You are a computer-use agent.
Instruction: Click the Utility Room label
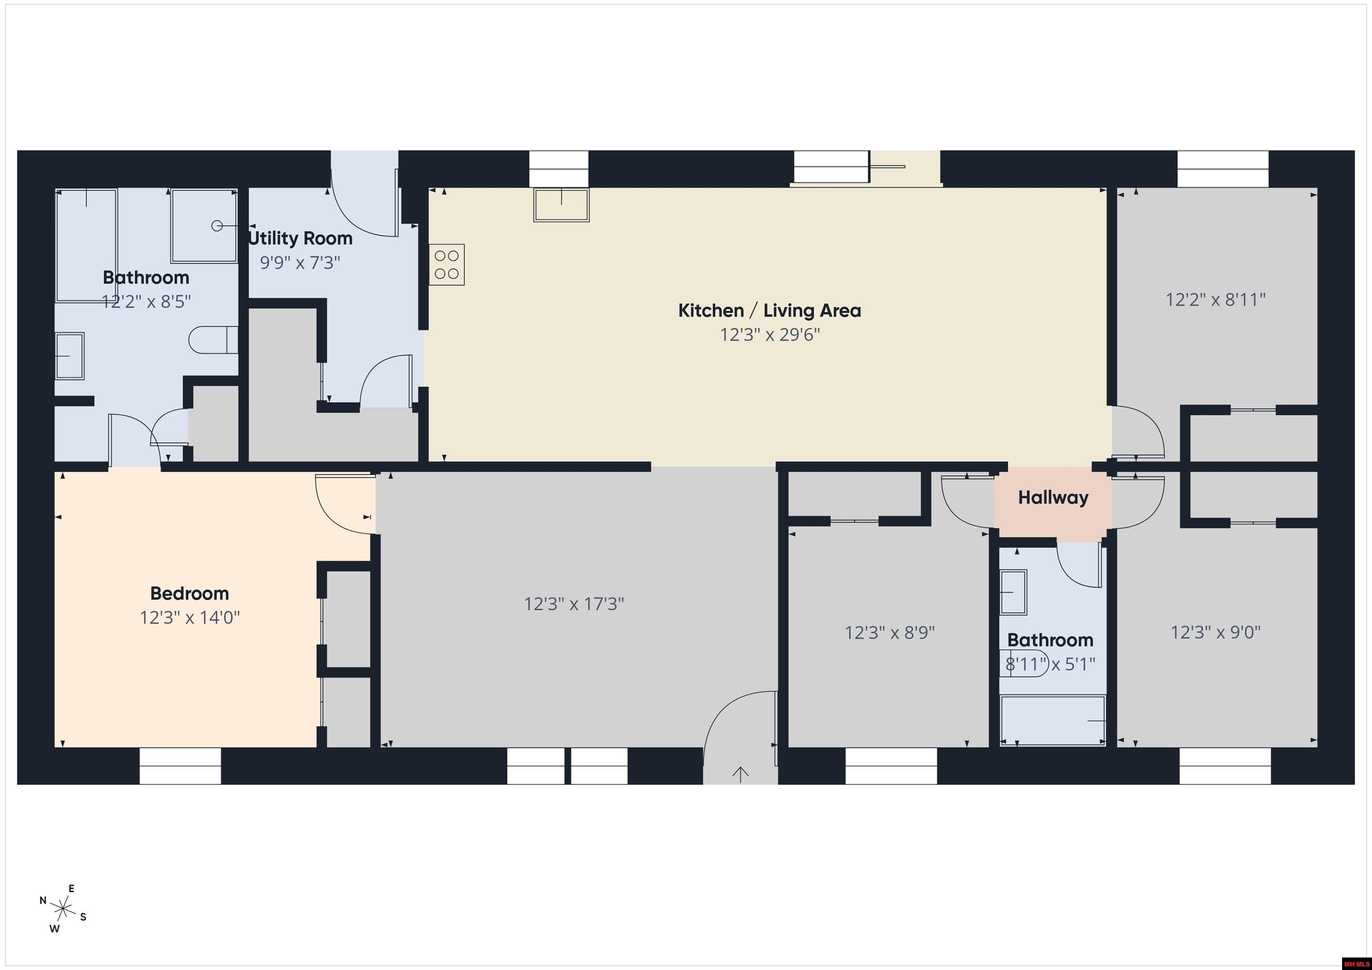(x=300, y=238)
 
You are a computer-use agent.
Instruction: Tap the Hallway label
(x=1053, y=498)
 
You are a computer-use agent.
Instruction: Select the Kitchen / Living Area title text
(x=769, y=311)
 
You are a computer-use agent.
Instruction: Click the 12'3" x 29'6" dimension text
(x=770, y=334)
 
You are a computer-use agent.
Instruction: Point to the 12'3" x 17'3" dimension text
(x=573, y=604)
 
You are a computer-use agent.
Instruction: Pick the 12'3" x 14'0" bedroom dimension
(x=189, y=617)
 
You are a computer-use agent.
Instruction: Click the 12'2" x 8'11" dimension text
(x=1215, y=299)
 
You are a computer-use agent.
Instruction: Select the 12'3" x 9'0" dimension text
(x=1215, y=632)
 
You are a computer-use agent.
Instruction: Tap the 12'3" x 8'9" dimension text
(x=889, y=632)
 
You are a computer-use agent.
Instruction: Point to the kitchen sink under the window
(x=561, y=205)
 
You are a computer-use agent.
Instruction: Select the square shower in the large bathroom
(x=204, y=226)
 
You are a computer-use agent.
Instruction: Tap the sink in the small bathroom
(x=1013, y=592)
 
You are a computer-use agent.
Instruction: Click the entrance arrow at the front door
(x=740, y=774)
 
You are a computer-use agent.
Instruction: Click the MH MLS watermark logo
(x=1356, y=963)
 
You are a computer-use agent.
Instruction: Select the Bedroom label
(x=189, y=593)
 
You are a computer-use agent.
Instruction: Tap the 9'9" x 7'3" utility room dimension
(x=300, y=262)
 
